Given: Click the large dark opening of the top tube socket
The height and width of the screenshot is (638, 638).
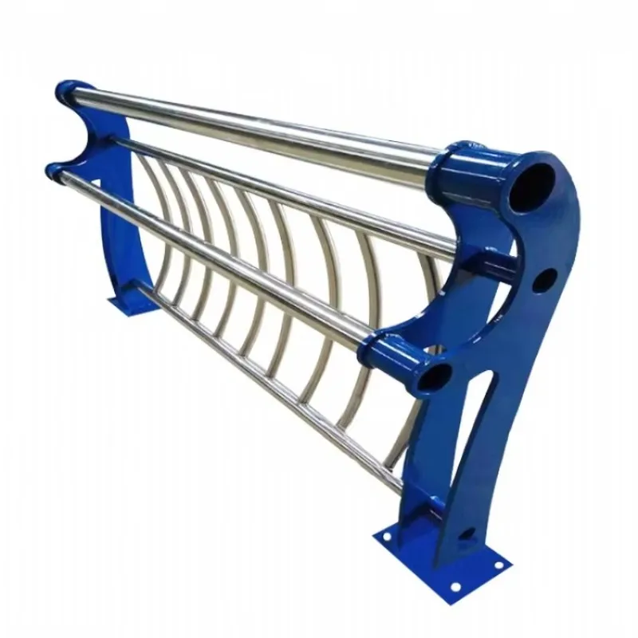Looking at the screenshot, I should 531,187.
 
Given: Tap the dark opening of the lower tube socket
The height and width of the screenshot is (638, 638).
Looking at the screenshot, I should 434,376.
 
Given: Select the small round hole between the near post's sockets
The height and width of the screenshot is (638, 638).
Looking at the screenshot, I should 545,280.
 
